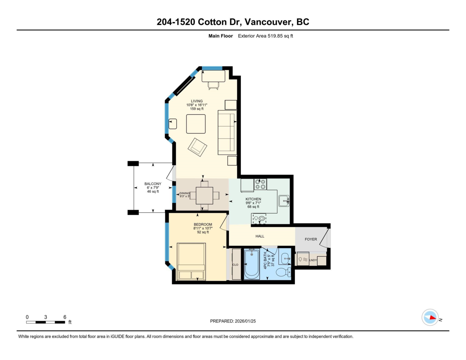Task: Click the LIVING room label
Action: [196, 101]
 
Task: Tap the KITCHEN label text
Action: [253, 199]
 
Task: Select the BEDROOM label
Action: [203, 224]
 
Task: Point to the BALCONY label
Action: [153, 184]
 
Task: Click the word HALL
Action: [260, 236]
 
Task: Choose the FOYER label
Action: [311, 239]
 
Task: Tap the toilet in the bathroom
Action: [283, 272]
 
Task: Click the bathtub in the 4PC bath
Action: [252, 264]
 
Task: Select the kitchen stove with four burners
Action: [260, 184]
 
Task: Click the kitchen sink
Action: [284, 201]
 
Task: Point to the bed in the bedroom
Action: [191, 262]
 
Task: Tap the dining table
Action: [204, 196]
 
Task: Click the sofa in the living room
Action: [227, 132]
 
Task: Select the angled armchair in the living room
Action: [197, 147]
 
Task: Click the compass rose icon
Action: [430, 318]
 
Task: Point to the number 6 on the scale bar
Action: [65, 317]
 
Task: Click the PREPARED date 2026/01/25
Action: [245, 321]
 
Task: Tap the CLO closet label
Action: [235, 265]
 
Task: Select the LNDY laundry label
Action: [313, 260]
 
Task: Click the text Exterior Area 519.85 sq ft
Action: [266, 36]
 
